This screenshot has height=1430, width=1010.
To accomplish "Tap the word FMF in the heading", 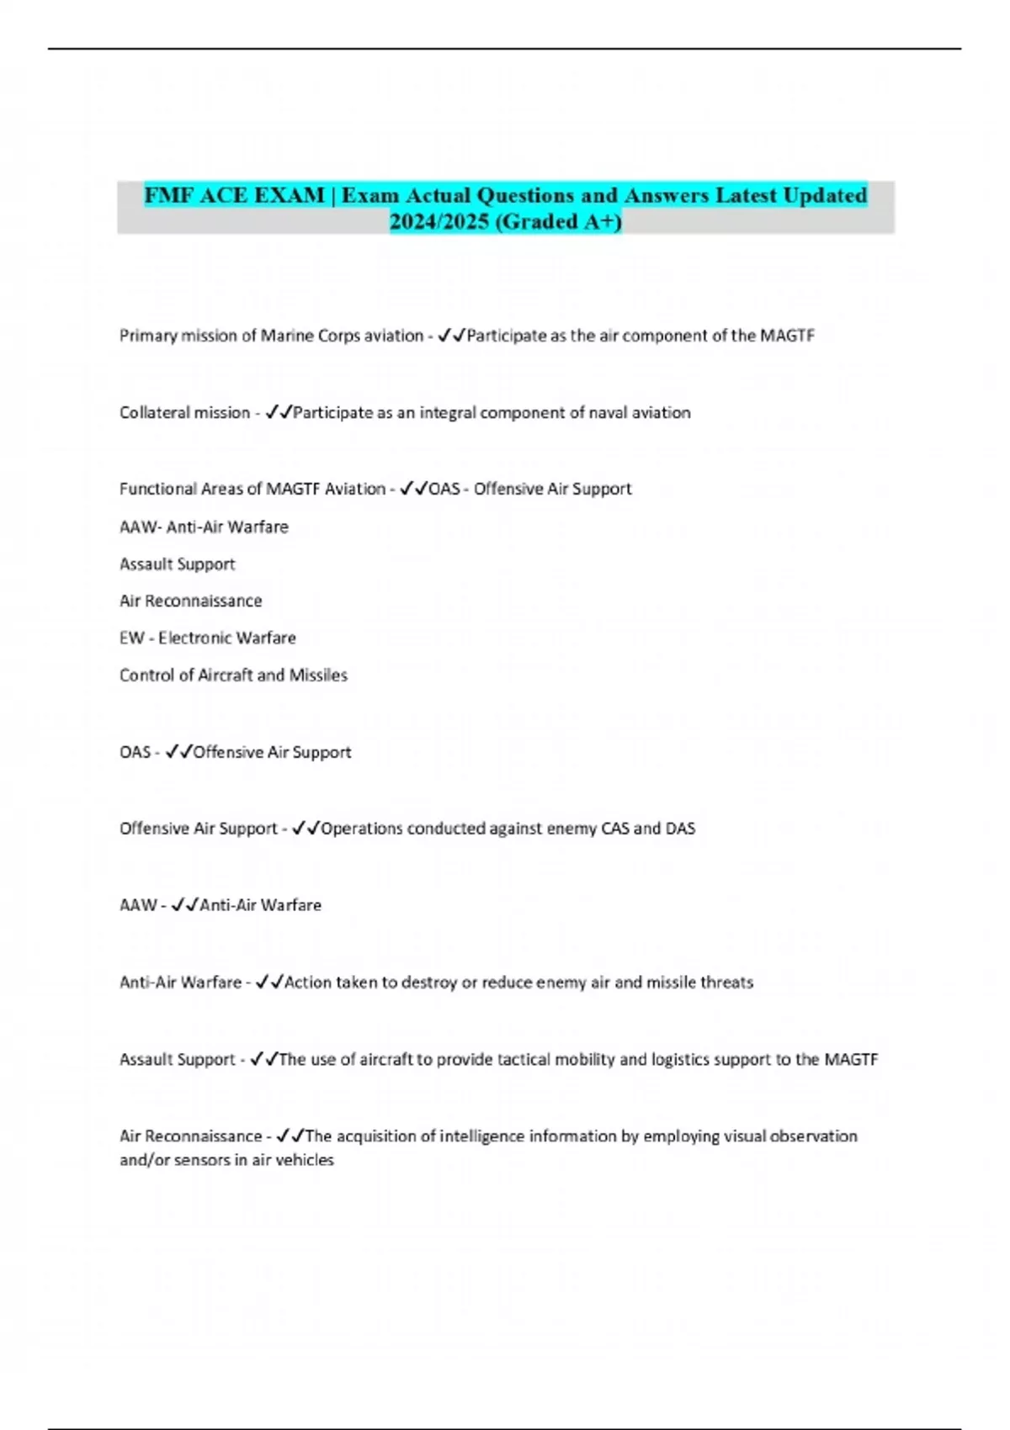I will tap(167, 195).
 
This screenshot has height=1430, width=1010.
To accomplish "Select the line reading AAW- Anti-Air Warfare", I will tap(204, 527).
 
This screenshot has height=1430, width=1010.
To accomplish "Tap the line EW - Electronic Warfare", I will tap(207, 638).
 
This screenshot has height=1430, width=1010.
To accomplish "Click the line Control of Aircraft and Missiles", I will tap(233, 675).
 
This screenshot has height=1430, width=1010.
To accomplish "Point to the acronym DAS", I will tap(680, 829).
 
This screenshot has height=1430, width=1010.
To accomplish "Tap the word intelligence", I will tap(485, 1136).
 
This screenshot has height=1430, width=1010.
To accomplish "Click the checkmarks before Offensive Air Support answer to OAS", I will tap(179, 752).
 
